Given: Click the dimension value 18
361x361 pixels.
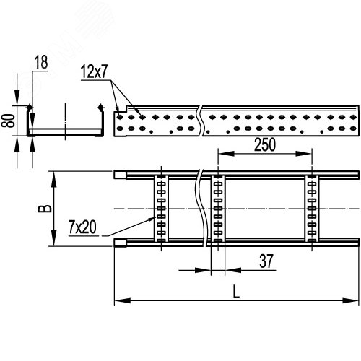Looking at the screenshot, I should tap(40, 64).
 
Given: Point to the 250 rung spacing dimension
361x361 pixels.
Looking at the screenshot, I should tap(264, 144).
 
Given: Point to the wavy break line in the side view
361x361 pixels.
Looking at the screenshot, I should tap(200, 121).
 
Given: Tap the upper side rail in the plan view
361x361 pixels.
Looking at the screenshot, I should tap(238, 175).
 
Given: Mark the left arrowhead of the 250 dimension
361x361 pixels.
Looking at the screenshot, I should tap(221, 154).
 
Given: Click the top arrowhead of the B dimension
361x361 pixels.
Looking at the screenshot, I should tap(53, 174).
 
